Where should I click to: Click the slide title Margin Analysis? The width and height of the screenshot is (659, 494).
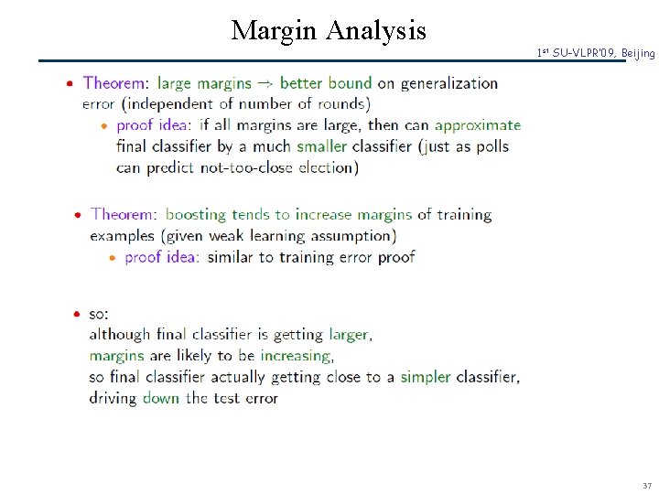click(329, 30)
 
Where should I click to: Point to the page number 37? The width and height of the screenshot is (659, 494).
click(646, 485)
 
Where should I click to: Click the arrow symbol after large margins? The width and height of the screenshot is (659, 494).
click(265, 83)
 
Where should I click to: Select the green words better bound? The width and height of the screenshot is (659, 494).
click(325, 83)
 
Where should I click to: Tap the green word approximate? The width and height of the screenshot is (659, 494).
click(477, 125)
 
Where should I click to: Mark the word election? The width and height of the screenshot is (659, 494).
click(328, 167)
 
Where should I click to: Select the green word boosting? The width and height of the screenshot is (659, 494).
click(195, 215)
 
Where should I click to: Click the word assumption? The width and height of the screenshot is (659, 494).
click(346, 236)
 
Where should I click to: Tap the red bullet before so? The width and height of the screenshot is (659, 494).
click(77, 314)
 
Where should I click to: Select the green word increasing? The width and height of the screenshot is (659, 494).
click(296, 356)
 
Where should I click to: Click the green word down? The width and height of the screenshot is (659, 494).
click(160, 398)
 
